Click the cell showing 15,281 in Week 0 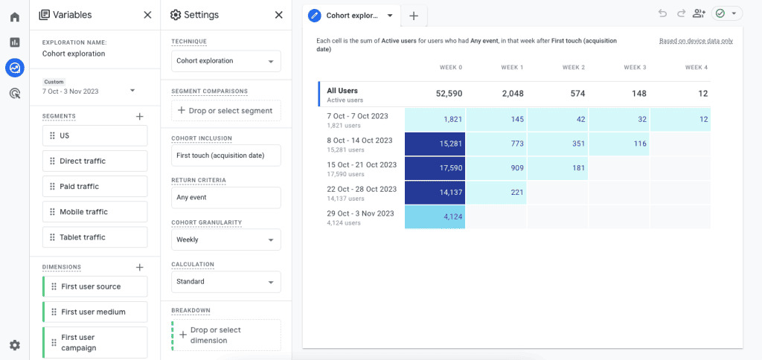click(435, 144)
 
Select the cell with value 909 click(496, 168)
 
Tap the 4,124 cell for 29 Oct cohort click(435, 217)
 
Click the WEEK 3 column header click(635, 68)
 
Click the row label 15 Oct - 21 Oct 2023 click(362, 165)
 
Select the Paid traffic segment click(95, 187)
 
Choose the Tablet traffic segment click(95, 237)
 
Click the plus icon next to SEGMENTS click(139, 117)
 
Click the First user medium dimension click(95, 312)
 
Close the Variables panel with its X click(147, 15)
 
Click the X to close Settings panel click(278, 15)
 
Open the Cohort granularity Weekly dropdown click(225, 240)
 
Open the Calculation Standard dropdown click(225, 282)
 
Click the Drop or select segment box click(225, 111)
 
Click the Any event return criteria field click(225, 198)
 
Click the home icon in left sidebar click(14, 17)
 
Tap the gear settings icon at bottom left click(14, 345)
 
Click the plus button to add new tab click(414, 16)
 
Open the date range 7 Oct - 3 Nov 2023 click(89, 91)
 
